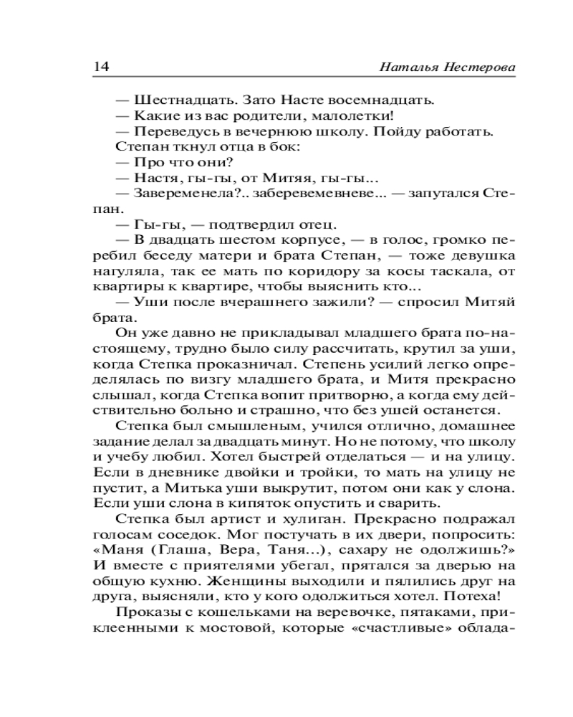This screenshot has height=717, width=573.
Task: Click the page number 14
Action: pyautogui.click(x=100, y=67)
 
